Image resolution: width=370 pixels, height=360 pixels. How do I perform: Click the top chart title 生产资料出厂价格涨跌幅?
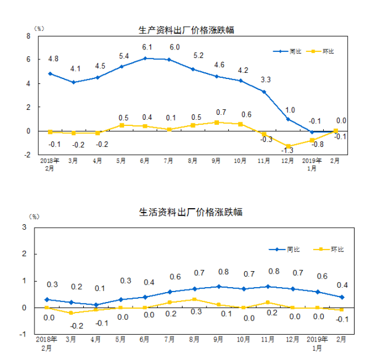[x=186, y=30]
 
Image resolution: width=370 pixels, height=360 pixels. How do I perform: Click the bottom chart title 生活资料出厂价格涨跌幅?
[x=186, y=212]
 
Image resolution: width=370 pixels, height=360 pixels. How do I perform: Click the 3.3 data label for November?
[x=266, y=79]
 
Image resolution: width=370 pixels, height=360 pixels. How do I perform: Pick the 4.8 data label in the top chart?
[x=53, y=59]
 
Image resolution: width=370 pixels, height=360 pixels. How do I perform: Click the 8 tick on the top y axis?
[x=28, y=36]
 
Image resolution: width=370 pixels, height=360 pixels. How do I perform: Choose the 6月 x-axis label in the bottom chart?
[x=145, y=340]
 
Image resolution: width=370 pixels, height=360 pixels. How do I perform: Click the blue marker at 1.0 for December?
[x=288, y=119]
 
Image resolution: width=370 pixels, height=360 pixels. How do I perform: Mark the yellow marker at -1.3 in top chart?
[x=288, y=146]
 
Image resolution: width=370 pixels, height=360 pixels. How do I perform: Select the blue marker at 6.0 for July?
[x=169, y=59]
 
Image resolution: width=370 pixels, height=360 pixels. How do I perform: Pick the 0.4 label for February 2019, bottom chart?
[x=343, y=285]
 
